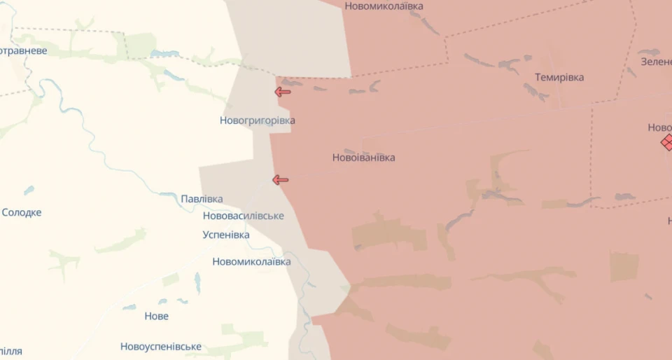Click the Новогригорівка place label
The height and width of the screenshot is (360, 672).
pyautogui.click(x=257, y=120)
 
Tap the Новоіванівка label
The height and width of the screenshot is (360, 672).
pyautogui.click(x=363, y=158)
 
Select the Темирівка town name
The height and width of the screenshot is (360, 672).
pyautogui.click(x=559, y=78)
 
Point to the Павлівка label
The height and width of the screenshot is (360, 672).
pyautogui.click(x=202, y=199)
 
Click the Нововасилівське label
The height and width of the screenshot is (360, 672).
pyautogui.click(x=243, y=216)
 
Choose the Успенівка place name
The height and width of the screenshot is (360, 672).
pyautogui.click(x=225, y=235)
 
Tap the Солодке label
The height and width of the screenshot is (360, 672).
pyautogui.click(x=22, y=212)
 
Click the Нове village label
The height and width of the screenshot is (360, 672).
pyautogui.click(x=156, y=316)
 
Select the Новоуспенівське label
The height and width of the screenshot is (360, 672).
pyautogui.click(x=160, y=347)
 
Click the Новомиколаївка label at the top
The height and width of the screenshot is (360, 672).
pyautogui.click(x=384, y=6)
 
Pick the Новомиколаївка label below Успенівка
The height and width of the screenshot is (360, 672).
pyautogui.click(x=251, y=262)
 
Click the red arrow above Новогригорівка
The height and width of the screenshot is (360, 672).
pyautogui.click(x=282, y=92)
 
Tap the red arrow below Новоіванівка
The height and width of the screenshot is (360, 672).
pyautogui.click(x=280, y=180)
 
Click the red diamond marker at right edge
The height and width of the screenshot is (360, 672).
pyautogui.click(x=667, y=142)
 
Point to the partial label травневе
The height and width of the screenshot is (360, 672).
pyautogui.click(x=24, y=50)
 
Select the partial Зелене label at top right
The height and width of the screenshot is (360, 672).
pyautogui.click(x=656, y=62)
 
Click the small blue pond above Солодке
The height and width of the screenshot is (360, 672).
pyautogui.click(x=29, y=190)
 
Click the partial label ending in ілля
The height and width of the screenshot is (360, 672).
pyautogui.click(x=11, y=351)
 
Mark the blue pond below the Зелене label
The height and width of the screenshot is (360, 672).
pyautogui.click(x=649, y=53)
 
